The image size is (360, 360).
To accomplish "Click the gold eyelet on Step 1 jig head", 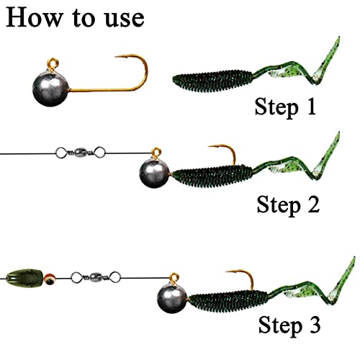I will click(53, 61).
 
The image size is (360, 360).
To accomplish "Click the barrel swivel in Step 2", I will click(79, 153).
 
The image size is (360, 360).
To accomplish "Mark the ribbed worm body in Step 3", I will click(230, 295).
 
